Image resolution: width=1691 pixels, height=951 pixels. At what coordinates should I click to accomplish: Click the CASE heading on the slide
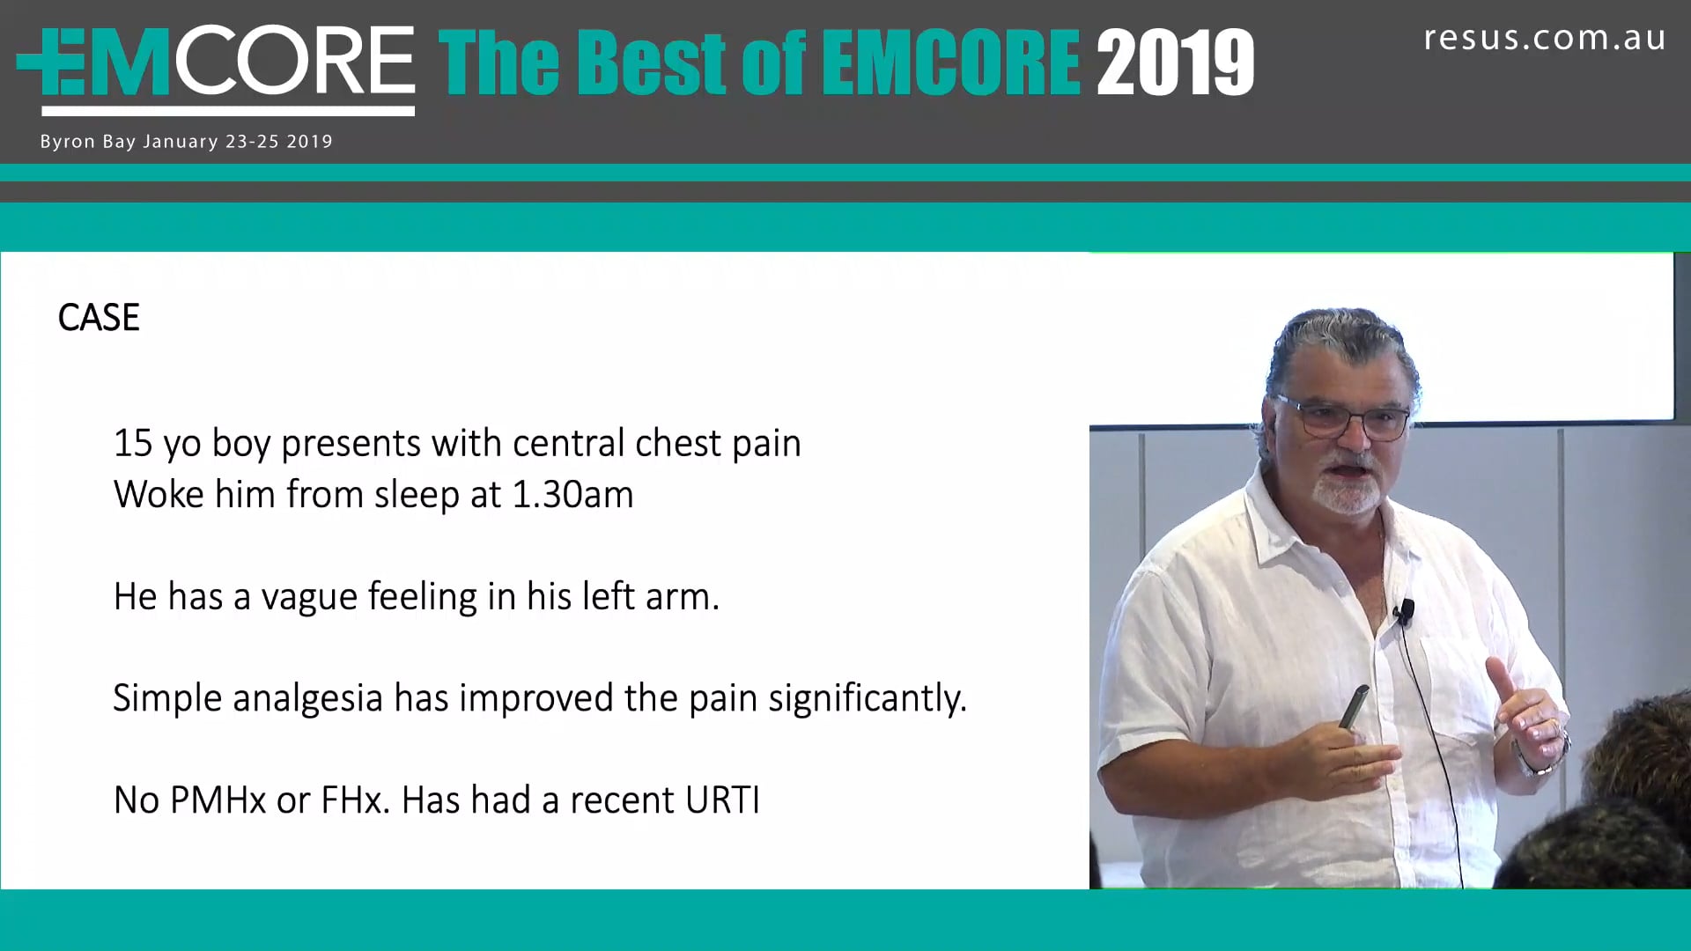tap(99, 318)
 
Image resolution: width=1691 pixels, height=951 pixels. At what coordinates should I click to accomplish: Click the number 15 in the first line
tap(133, 443)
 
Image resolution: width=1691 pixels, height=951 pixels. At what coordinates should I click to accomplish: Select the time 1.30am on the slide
tap(572, 495)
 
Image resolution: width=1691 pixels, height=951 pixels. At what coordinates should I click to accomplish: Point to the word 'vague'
tap(309, 599)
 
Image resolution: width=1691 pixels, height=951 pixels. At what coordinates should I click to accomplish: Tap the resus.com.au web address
tap(1545, 38)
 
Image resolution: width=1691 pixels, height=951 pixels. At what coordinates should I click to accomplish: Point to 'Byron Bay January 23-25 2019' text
tap(186, 142)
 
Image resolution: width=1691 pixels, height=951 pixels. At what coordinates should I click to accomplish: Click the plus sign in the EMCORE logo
tap(41, 61)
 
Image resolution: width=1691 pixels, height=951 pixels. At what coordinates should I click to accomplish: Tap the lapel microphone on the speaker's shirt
tap(1406, 611)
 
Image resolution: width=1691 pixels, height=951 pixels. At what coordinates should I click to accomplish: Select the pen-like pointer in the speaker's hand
tap(1354, 708)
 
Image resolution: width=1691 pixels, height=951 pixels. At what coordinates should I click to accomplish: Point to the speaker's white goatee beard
tap(1345, 491)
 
